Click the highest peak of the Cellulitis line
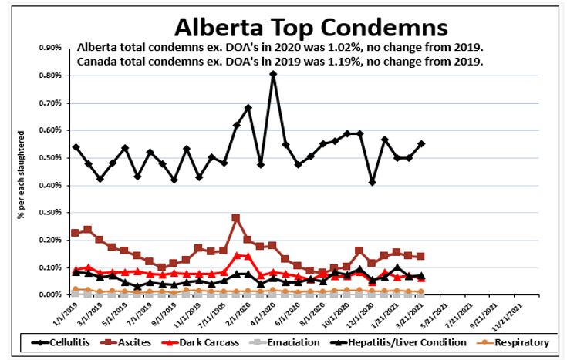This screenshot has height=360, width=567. pos(273,74)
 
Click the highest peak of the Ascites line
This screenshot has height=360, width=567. pos(236,218)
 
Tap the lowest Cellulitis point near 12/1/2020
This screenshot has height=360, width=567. pos(373,183)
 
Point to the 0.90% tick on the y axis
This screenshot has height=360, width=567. pos(49,48)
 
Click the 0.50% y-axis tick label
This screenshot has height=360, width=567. pos(49,158)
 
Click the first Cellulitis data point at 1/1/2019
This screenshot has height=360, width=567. pos(76,146)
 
